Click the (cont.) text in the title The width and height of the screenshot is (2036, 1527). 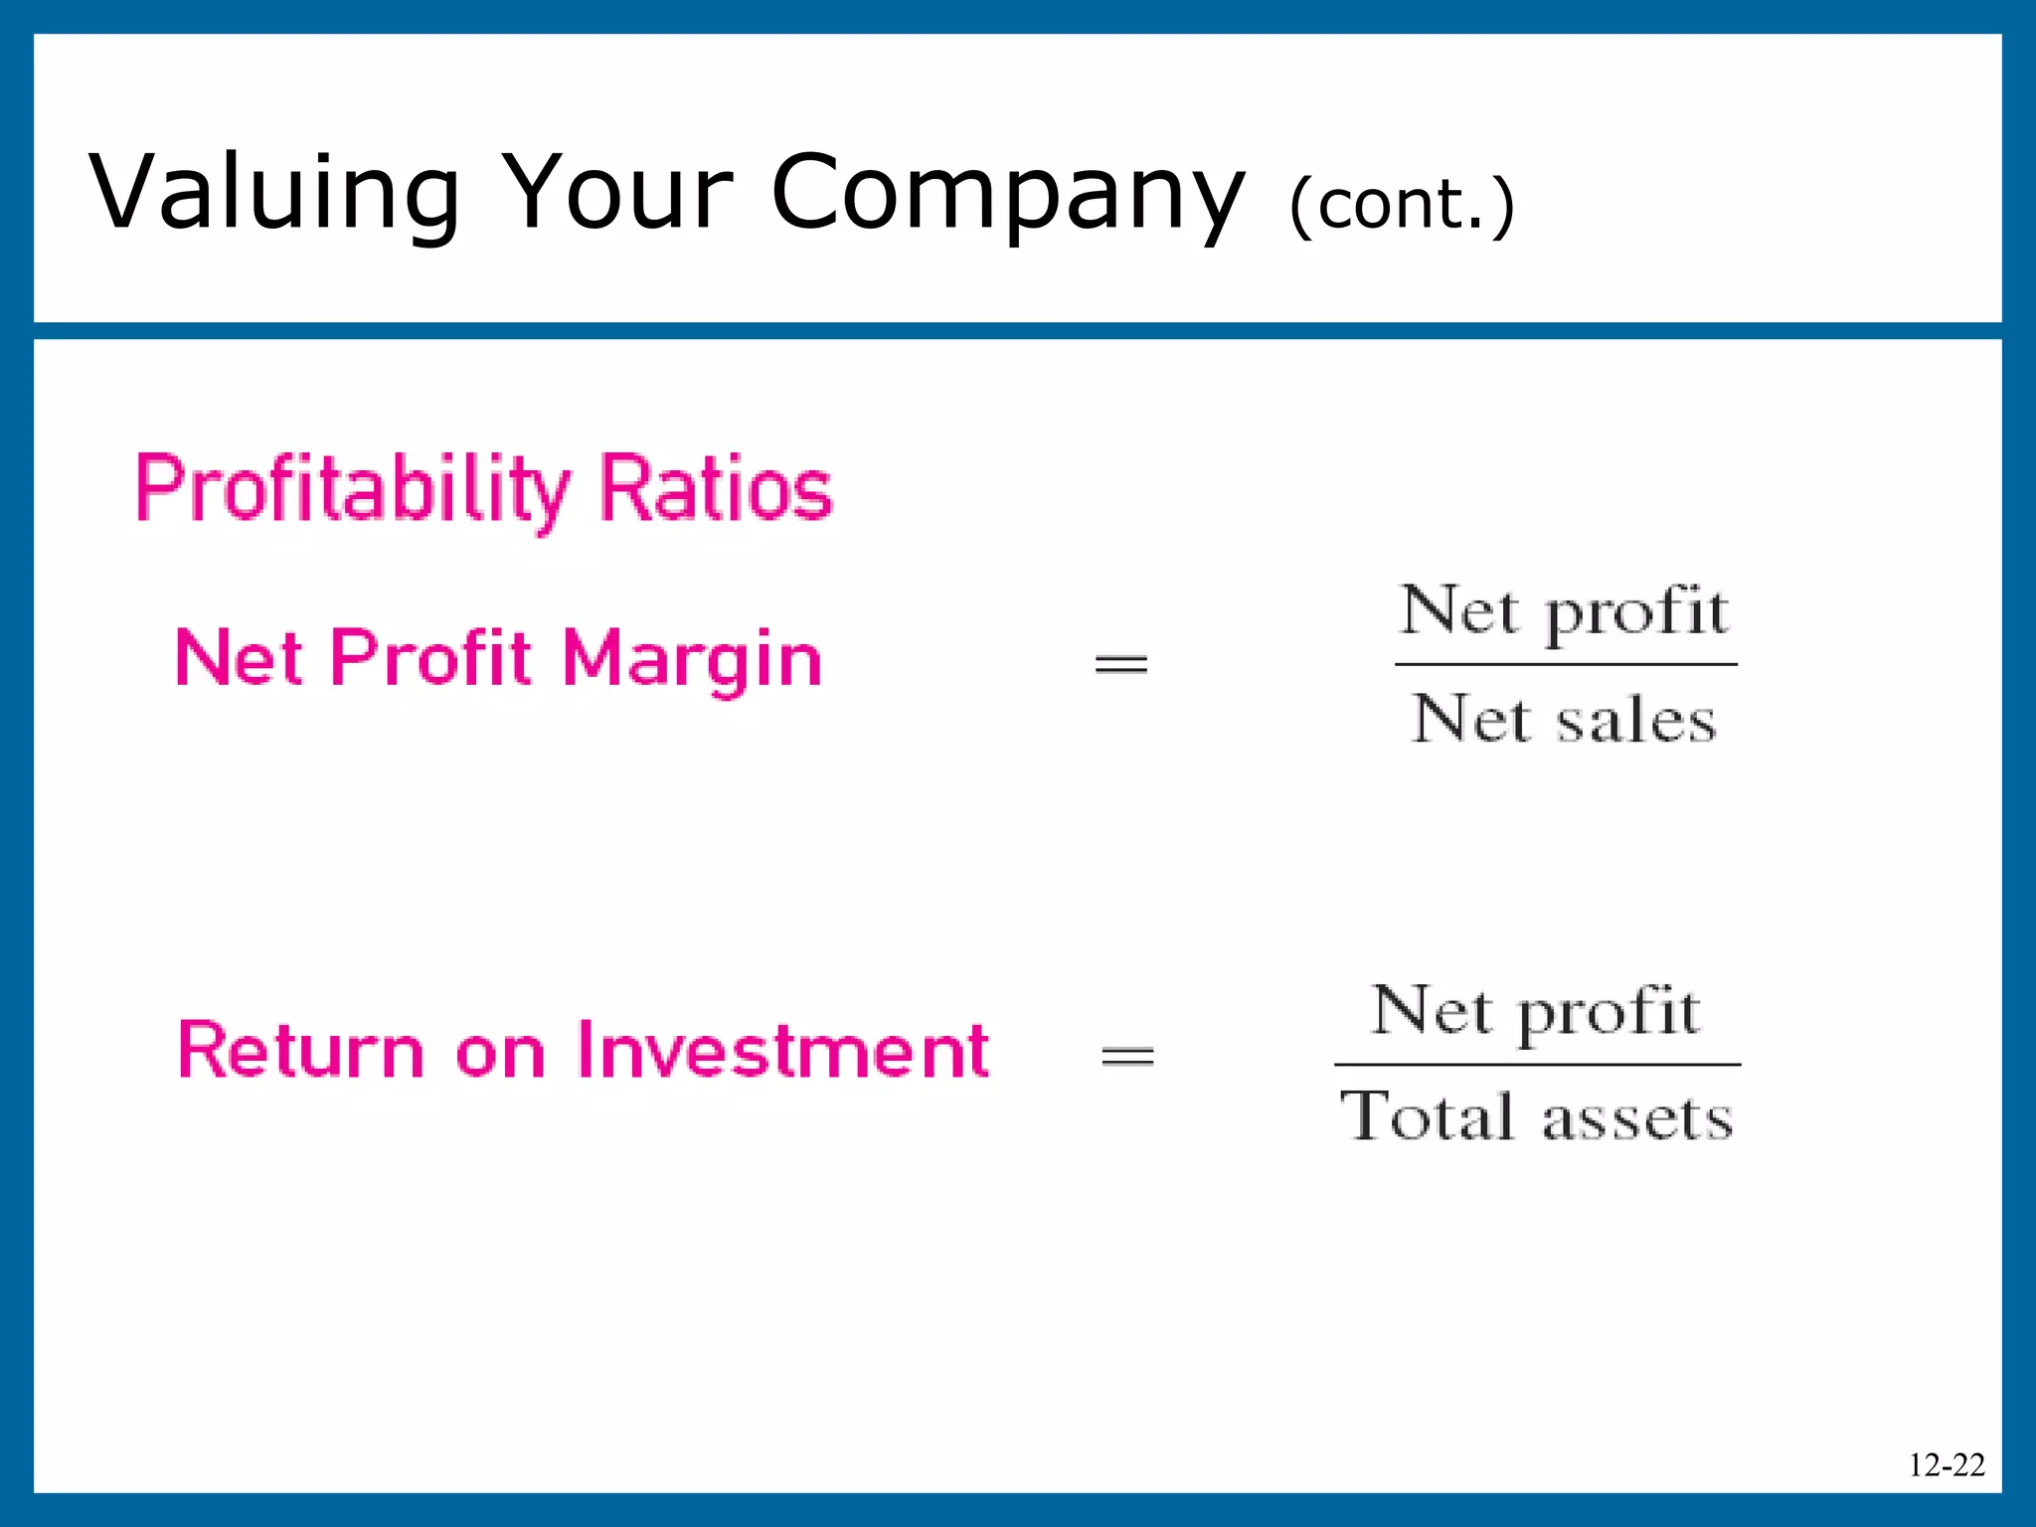click(1402, 204)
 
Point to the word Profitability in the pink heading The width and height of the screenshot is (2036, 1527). click(353, 489)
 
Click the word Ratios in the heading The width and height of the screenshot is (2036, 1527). click(716, 489)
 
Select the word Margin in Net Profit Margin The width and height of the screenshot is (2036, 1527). click(692, 659)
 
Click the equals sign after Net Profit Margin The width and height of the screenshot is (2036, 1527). click(1120, 663)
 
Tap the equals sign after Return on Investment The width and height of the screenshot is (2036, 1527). click(1127, 1056)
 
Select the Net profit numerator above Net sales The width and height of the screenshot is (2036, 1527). click(1565, 610)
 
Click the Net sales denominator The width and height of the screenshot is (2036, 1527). click(1565, 719)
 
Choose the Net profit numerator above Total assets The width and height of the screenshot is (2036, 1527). click(1536, 1011)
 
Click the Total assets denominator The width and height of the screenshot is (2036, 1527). click(1537, 1117)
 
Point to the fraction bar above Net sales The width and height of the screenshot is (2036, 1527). click(1566, 664)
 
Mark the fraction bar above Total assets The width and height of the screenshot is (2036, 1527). click(1537, 1065)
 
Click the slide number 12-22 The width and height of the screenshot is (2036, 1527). click(1946, 1464)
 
